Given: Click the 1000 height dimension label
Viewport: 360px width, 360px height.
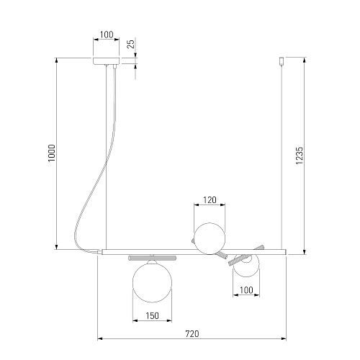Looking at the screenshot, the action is tap(52, 153).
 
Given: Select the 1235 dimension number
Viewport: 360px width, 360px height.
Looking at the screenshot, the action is tap(300, 156).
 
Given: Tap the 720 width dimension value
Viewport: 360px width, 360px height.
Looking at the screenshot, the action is tap(192, 334).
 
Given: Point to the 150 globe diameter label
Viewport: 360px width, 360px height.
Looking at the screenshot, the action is tap(152, 315).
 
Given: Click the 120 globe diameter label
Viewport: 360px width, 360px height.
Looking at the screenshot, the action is tap(210, 200).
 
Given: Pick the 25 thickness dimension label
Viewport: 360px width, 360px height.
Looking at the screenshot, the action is tap(132, 44).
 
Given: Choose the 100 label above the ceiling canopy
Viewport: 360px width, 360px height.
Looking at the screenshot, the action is tap(107, 35).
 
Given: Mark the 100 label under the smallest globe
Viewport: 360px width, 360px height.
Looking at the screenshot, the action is tap(246, 290).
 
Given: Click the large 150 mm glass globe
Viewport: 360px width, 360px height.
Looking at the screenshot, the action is tap(152, 282).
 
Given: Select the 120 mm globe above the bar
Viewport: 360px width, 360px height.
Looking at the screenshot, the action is tap(210, 238).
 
